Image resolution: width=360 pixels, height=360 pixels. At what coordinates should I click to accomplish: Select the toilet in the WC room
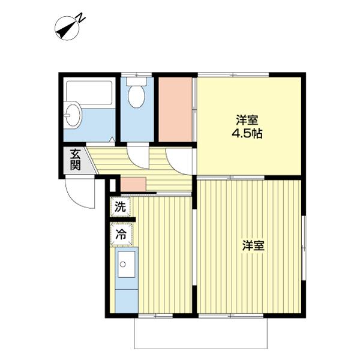tap(137, 96)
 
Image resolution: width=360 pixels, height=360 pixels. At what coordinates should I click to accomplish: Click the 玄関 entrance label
tap(74, 159)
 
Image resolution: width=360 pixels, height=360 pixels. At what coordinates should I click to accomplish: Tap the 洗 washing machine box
tap(120, 208)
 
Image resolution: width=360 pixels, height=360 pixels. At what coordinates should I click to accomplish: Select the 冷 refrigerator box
tap(120, 235)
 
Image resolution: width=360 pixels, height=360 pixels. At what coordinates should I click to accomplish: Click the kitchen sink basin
tap(127, 265)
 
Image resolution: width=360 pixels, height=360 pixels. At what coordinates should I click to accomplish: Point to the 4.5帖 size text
tap(248, 133)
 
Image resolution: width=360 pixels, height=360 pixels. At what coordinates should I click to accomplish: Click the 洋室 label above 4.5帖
tap(247, 119)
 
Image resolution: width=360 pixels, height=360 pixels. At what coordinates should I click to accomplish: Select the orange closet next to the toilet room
tap(175, 109)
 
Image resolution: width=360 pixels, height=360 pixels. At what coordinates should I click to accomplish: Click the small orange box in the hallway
tap(133, 183)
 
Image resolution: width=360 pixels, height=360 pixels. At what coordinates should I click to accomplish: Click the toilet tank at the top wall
tap(137, 81)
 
